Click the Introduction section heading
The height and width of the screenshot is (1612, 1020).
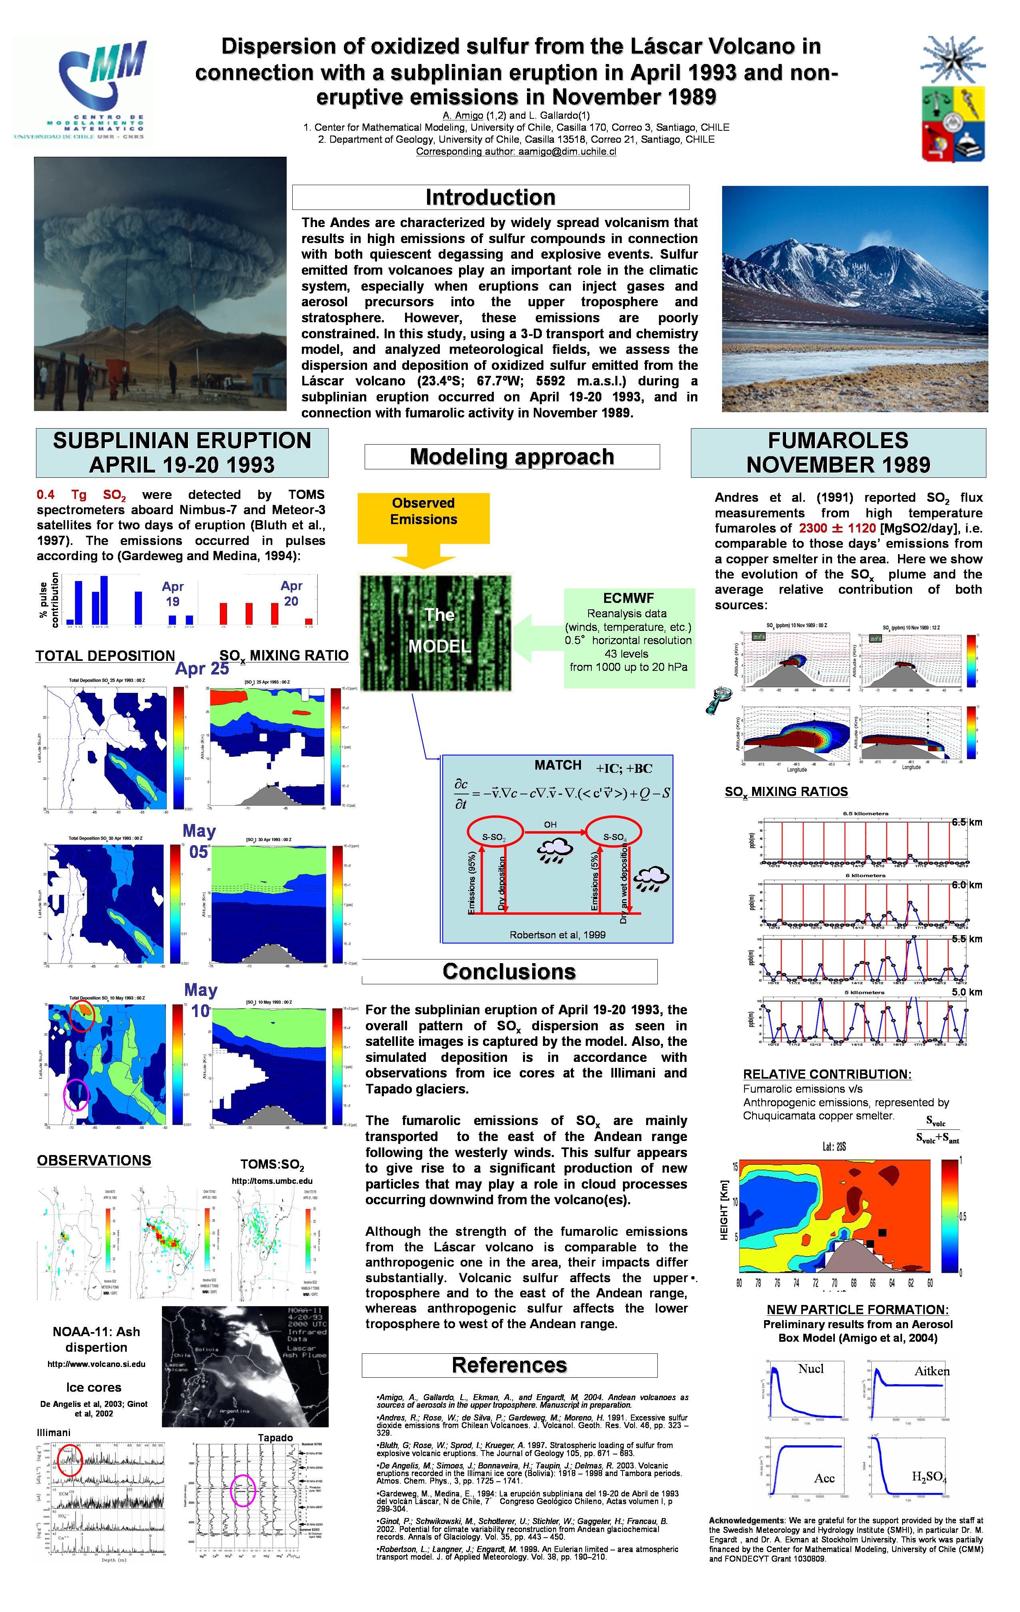pos(491,198)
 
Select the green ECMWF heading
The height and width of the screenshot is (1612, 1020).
pos(629,598)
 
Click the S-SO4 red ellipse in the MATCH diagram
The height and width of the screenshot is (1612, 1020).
pos(614,837)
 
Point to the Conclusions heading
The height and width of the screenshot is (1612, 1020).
pos(509,972)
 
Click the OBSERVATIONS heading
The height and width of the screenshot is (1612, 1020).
pos(94,1161)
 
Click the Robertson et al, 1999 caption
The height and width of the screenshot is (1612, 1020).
pos(557,934)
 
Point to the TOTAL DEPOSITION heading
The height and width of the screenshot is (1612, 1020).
pos(105,656)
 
